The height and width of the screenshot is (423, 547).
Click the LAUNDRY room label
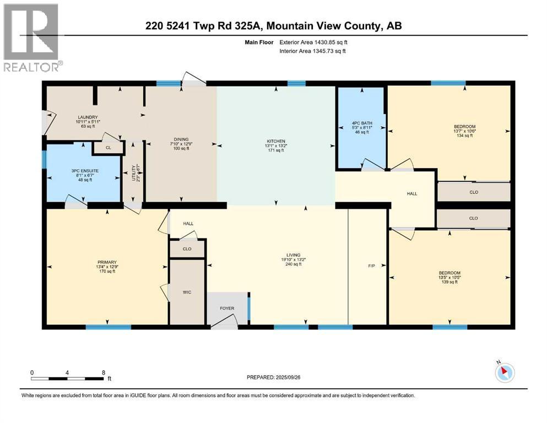(88, 117)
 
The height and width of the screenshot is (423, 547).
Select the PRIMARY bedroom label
(107, 262)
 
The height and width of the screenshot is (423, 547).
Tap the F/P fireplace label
(371, 266)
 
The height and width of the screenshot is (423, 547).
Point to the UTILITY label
(133, 176)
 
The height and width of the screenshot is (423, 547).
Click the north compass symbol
(504, 372)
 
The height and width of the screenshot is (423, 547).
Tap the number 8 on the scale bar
(104, 372)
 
